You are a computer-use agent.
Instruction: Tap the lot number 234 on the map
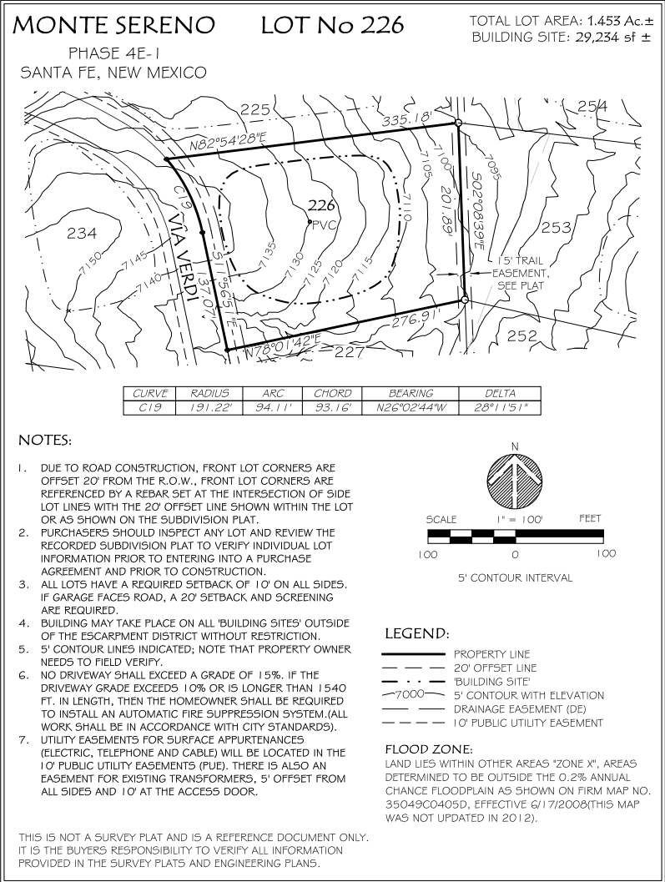(x=82, y=234)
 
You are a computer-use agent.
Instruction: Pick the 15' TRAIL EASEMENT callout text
(x=518, y=273)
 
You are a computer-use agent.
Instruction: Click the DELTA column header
(x=500, y=393)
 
